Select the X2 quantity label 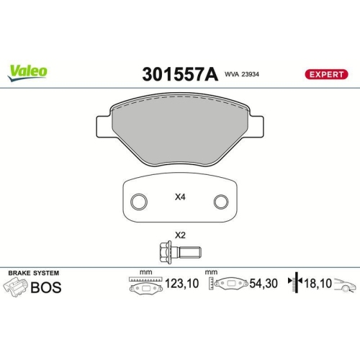[x=179, y=235]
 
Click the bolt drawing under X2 [x=179, y=252]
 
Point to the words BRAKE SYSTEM [x=33, y=273]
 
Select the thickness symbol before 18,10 [x=292, y=285]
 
